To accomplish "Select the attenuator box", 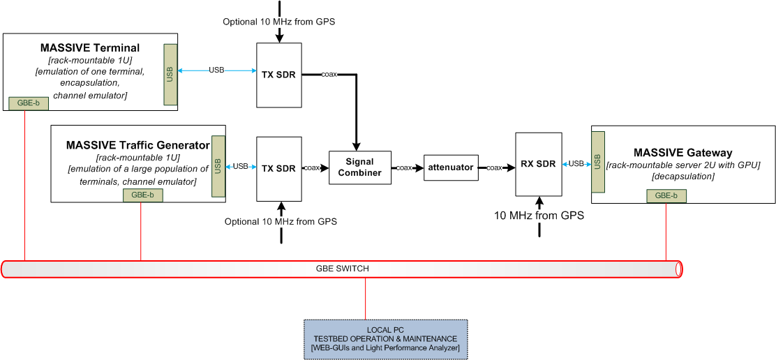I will click(x=451, y=167).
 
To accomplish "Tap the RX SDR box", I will click(x=538, y=165).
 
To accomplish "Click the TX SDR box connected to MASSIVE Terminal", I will click(x=278, y=75).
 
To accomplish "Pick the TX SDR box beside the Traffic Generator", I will click(x=278, y=168).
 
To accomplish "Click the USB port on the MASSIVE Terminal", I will click(x=170, y=75).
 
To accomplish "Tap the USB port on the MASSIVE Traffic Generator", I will click(x=218, y=166).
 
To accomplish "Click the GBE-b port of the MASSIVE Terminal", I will click(x=29, y=103).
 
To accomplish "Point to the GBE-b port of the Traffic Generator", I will click(x=142, y=195).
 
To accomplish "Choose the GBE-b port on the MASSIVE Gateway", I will click(x=666, y=196).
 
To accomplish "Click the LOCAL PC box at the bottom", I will click(x=385, y=339).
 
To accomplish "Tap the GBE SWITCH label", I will click(x=343, y=269).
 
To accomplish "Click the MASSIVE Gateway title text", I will click(x=682, y=152).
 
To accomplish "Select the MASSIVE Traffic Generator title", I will click(x=137, y=145).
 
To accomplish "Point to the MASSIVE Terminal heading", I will click(x=89, y=48).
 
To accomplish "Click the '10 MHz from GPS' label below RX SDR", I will click(x=539, y=216).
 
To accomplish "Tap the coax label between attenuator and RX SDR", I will click(x=494, y=167).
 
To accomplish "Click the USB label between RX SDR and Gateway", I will click(x=576, y=164).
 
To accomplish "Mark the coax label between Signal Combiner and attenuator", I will click(x=404, y=167).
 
